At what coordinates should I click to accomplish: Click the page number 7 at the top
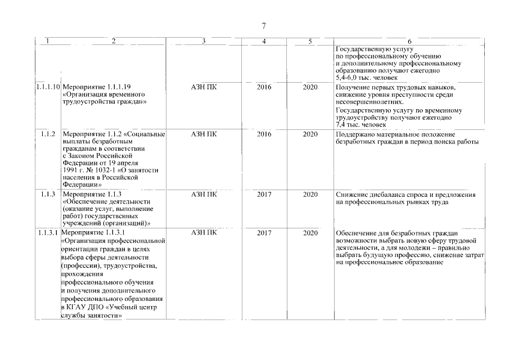point(264,25)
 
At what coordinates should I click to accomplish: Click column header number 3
point(204,41)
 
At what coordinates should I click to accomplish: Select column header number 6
point(409,41)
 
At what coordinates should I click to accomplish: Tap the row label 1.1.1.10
point(47,88)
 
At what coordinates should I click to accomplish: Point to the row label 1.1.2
point(48,134)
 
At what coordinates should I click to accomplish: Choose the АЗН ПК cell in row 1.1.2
point(204,134)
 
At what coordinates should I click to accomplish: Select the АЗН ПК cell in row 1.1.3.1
point(204,232)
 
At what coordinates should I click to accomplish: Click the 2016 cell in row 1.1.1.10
point(264,88)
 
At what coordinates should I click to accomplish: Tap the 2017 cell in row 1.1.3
point(264,194)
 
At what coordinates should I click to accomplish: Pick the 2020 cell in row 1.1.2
point(310,134)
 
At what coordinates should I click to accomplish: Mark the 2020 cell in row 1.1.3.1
point(310,232)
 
